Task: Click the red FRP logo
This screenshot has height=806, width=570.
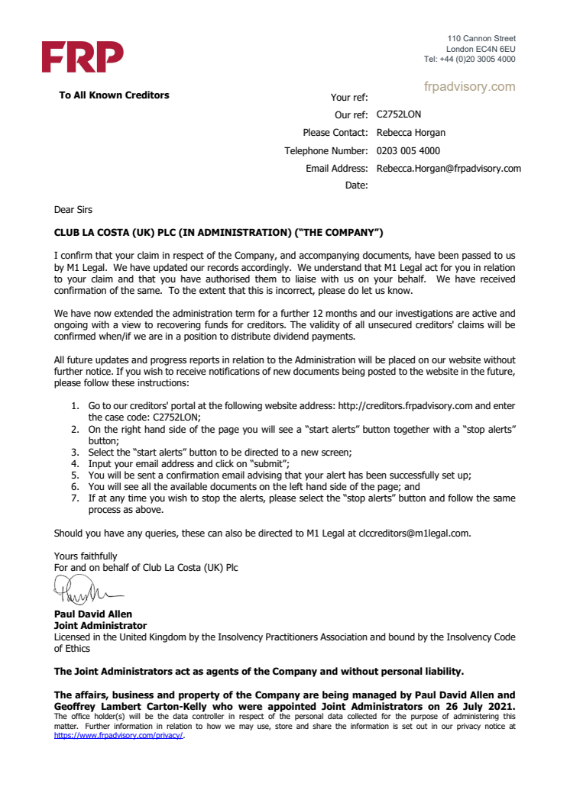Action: [82, 56]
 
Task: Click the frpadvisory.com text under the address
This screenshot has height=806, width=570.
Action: [469, 87]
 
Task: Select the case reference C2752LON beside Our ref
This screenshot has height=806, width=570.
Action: [399, 115]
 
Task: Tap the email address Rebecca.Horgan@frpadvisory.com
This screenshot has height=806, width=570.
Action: [449, 169]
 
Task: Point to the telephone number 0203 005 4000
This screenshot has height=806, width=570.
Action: [408, 151]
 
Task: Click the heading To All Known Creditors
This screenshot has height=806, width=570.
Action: [114, 95]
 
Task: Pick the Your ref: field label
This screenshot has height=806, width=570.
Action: [349, 98]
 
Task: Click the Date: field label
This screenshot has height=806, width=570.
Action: [357, 185]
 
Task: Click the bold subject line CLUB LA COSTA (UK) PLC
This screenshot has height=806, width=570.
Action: [218, 231]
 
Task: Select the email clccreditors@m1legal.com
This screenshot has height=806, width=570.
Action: [409, 534]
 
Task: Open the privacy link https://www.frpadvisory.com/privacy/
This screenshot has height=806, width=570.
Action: [118, 737]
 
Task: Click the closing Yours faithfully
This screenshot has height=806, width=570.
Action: [86, 556]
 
